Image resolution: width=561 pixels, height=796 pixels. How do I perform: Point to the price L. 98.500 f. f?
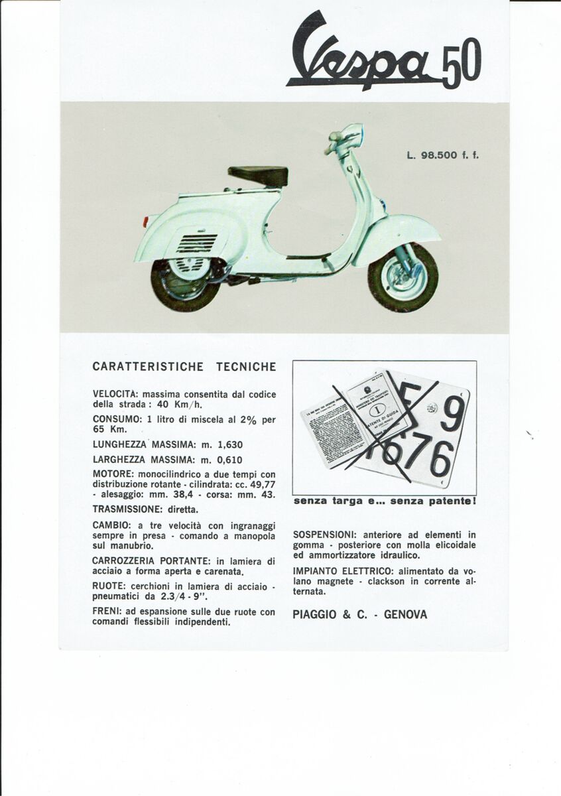[x=442, y=156]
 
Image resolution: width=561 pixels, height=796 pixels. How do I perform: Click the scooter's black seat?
[x=259, y=176]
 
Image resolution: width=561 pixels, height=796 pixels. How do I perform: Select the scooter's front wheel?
[x=403, y=277]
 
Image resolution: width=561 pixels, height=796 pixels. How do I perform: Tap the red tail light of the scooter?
[x=145, y=220]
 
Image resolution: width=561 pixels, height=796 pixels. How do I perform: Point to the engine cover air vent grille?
[x=197, y=243]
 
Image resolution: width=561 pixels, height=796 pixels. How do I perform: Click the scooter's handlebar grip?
[x=332, y=147]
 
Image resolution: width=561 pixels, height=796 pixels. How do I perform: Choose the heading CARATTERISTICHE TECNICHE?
[x=184, y=366]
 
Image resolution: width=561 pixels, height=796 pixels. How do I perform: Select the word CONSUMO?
[x=117, y=420]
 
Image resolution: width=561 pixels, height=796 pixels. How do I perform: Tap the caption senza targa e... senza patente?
[x=384, y=501]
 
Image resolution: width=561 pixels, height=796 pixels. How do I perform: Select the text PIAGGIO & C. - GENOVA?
[x=359, y=615]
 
